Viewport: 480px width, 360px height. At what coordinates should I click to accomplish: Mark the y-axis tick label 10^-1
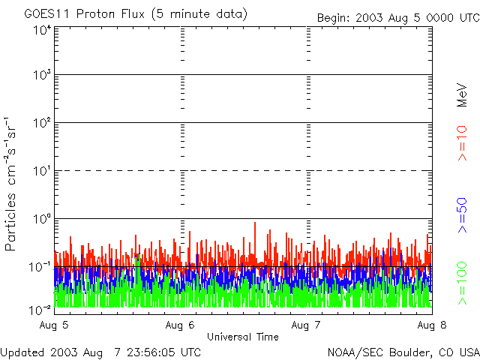40,266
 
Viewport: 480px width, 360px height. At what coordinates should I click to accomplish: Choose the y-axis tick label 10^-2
40,309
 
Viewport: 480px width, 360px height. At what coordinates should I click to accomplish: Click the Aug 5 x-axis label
55,325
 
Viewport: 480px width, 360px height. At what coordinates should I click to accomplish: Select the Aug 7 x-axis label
307,325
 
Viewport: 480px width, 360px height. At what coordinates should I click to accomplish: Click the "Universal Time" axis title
242,337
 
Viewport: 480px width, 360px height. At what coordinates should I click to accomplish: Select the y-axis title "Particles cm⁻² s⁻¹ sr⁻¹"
12,184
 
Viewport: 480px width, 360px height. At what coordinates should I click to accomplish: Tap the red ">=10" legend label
463,143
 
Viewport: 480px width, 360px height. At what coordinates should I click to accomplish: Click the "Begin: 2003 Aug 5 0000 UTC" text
397,17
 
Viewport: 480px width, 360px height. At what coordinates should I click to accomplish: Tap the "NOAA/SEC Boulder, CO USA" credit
403,352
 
